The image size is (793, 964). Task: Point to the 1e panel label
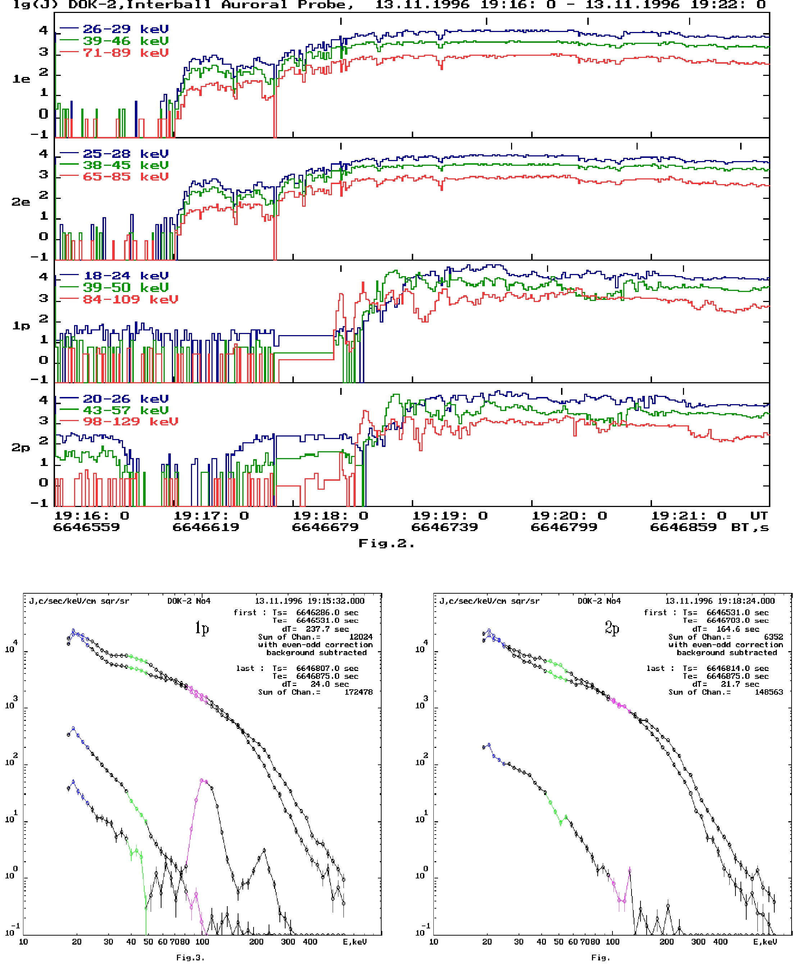pyautogui.click(x=21, y=79)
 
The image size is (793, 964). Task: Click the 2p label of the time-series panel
pyautogui.click(x=21, y=448)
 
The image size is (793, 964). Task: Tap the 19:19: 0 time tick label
pyautogui.click(x=450, y=516)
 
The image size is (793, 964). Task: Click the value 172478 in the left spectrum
pyautogui.click(x=358, y=692)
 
